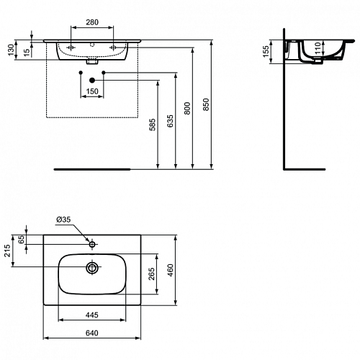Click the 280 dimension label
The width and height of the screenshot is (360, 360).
pyautogui.click(x=92, y=22)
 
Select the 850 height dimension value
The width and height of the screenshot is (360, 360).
pyautogui.click(x=206, y=104)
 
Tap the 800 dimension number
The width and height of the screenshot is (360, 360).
pyautogui.click(x=187, y=108)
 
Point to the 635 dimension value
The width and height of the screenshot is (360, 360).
pyautogui.click(x=170, y=121)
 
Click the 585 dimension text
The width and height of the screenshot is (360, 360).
pyautogui.click(x=153, y=125)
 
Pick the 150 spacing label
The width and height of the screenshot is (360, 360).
pyautogui.click(x=92, y=91)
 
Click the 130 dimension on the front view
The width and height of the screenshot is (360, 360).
pyautogui.click(x=12, y=50)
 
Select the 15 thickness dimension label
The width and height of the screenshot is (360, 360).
pyautogui.click(x=27, y=53)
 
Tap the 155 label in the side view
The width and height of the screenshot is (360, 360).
pyautogui.click(x=266, y=52)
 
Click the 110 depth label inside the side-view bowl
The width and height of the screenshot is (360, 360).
pyautogui.click(x=318, y=48)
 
